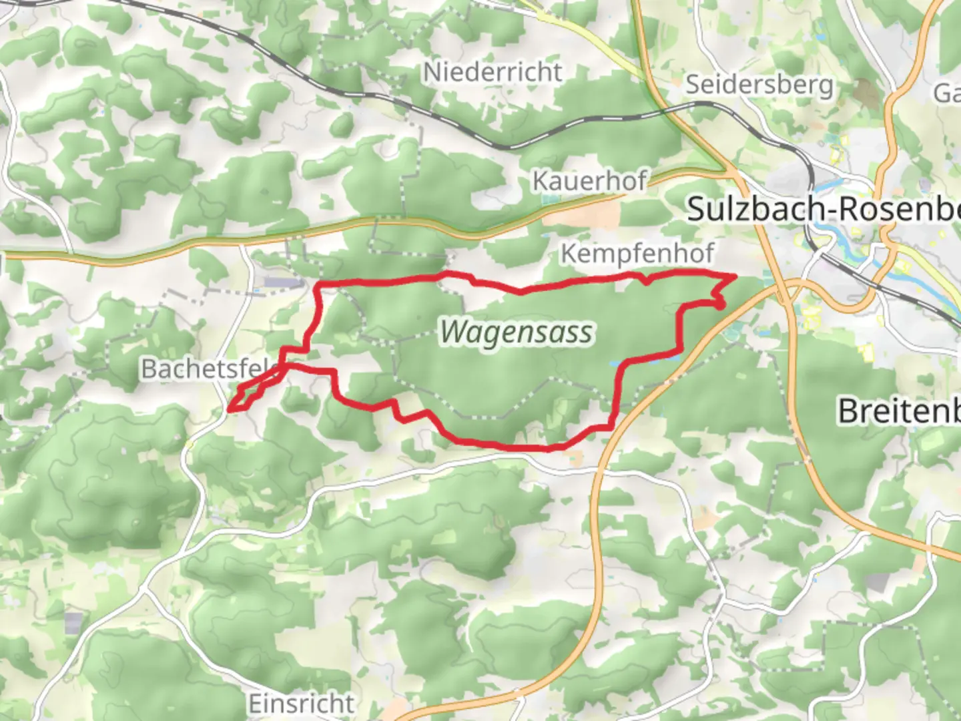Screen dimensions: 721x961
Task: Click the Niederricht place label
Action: point(493,72)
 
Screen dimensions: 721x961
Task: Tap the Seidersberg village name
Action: point(759,85)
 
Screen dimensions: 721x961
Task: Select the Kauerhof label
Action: point(590,181)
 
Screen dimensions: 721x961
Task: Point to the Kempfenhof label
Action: point(637,254)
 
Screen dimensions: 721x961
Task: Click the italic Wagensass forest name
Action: point(516,332)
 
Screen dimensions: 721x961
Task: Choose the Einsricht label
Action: point(301,704)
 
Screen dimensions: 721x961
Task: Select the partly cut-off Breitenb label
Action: point(898,411)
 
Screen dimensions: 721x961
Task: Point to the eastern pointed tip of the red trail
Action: point(735,275)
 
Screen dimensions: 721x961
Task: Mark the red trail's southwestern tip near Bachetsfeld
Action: point(230,408)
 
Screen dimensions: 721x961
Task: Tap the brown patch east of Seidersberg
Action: point(867,93)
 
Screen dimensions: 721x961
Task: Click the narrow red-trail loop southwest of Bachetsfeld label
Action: point(250,394)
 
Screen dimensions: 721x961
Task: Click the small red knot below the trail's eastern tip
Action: point(720,304)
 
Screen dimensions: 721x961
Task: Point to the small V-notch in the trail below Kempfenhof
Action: point(646,281)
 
